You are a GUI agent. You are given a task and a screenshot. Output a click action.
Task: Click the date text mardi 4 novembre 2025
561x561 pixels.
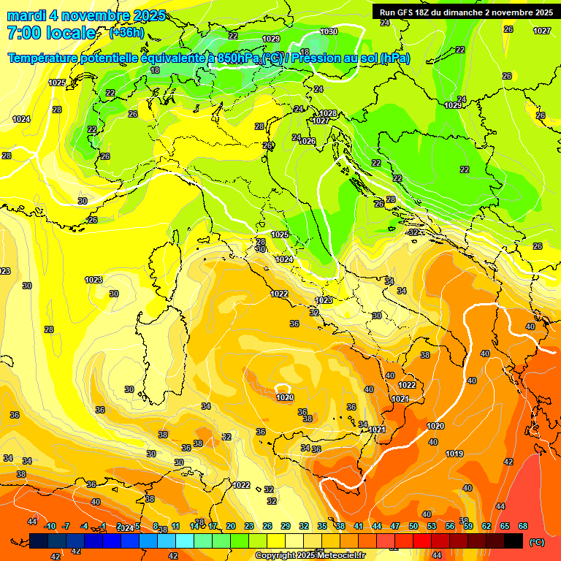(x=86, y=15)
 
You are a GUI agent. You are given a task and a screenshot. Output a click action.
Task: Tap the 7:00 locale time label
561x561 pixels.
(x=51, y=33)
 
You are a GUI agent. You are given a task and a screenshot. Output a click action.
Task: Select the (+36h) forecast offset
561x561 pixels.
(x=126, y=33)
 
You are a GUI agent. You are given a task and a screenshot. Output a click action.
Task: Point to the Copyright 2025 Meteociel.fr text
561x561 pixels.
(x=310, y=555)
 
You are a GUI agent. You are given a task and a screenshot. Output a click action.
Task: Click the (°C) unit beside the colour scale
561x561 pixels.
(x=536, y=542)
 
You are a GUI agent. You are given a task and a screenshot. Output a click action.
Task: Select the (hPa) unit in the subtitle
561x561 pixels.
(x=394, y=58)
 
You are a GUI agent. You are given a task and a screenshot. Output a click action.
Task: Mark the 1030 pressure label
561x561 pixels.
(x=329, y=31)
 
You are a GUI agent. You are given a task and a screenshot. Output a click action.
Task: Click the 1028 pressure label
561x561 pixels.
(x=328, y=113)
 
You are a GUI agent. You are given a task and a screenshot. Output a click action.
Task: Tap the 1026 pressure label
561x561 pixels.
(x=307, y=141)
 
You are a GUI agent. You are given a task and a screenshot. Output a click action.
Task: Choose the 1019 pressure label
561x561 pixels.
(x=454, y=454)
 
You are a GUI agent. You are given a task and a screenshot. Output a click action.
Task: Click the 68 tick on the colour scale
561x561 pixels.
(x=523, y=526)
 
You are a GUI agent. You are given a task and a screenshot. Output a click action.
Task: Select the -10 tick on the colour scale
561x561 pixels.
(x=50, y=526)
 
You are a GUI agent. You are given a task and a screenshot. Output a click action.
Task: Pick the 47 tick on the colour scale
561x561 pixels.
(x=395, y=526)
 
